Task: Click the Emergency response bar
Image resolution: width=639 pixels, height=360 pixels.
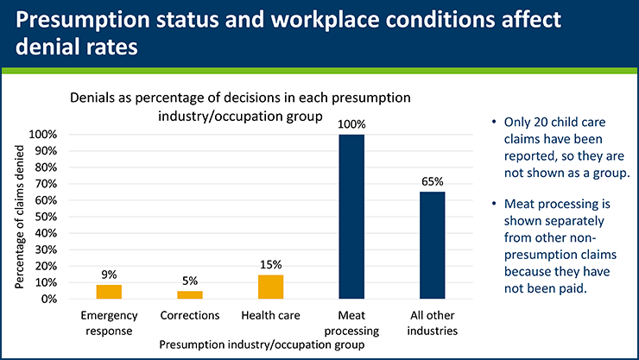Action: pyautogui.click(x=109, y=292)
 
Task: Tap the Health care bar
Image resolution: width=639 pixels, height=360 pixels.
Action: pyautogui.click(x=271, y=287)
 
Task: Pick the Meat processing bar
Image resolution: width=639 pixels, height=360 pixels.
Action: pyautogui.click(x=351, y=217)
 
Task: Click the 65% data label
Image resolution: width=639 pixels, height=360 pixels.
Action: pyautogui.click(x=432, y=181)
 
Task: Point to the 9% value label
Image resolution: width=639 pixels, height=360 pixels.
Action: pyautogui.click(x=109, y=275)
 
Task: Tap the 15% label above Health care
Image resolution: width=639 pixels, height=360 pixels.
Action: pyautogui.click(x=271, y=265)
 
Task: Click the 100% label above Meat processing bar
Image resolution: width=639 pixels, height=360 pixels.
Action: pyautogui.click(x=351, y=124)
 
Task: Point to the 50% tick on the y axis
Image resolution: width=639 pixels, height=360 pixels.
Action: pyautogui.click(x=45, y=217)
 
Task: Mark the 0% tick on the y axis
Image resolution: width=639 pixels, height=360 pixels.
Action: pyautogui.click(x=47, y=299)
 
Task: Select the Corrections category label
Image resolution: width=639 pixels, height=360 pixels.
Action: pyautogui.click(x=190, y=316)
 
